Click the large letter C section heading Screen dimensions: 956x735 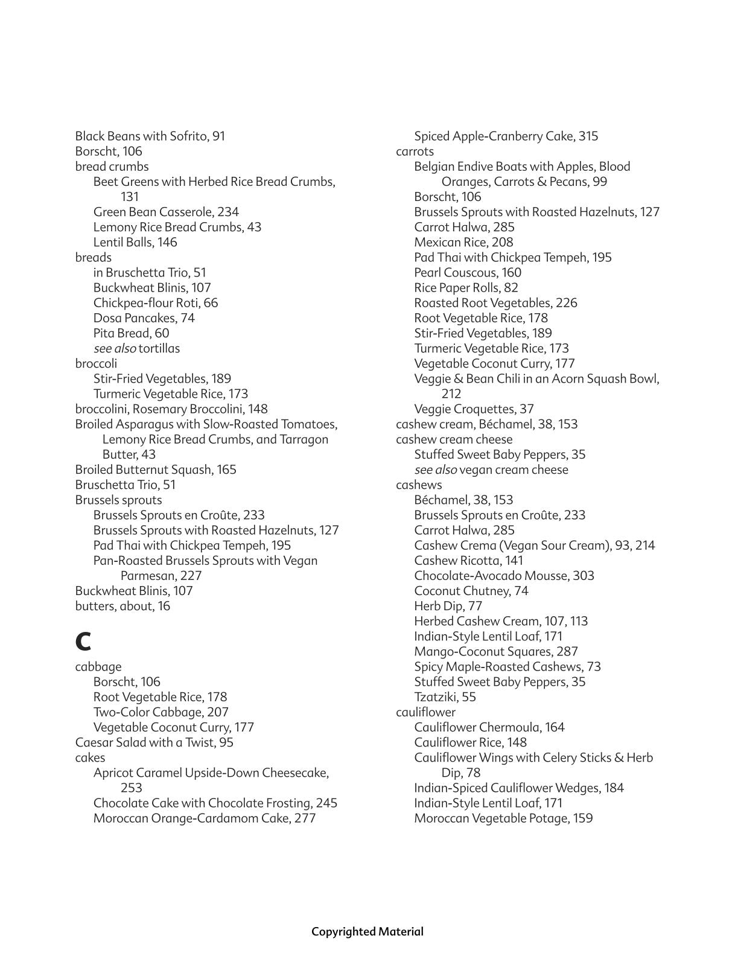tap(83, 641)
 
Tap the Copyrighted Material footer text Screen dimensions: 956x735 tap(367, 931)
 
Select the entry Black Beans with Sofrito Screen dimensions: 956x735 tap(150, 136)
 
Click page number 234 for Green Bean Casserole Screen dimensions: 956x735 tap(228, 212)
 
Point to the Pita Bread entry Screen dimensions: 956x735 tap(131, 333)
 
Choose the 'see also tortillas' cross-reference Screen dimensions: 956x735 tap(136, 348)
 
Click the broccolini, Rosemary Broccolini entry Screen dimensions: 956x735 tap(171, 409)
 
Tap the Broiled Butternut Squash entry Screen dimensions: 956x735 tap(155, 470)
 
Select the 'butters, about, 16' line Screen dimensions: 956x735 tap(122, 606)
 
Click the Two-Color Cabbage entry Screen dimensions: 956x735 tap(161, 712)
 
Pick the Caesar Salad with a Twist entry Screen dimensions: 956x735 tap(154, 742)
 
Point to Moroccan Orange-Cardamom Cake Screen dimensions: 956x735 tap(204, 818)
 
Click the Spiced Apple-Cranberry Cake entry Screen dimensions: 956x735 tap(506, 136)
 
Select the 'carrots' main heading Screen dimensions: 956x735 tap(415, 151)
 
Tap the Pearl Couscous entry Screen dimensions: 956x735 tap(467, 273)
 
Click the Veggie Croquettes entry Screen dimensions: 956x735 tap(474, 409)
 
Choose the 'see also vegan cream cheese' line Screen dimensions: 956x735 tap(491, 470)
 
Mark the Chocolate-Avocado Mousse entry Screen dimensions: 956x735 tap(504, 576)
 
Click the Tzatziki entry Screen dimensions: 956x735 tap(445, 697)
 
